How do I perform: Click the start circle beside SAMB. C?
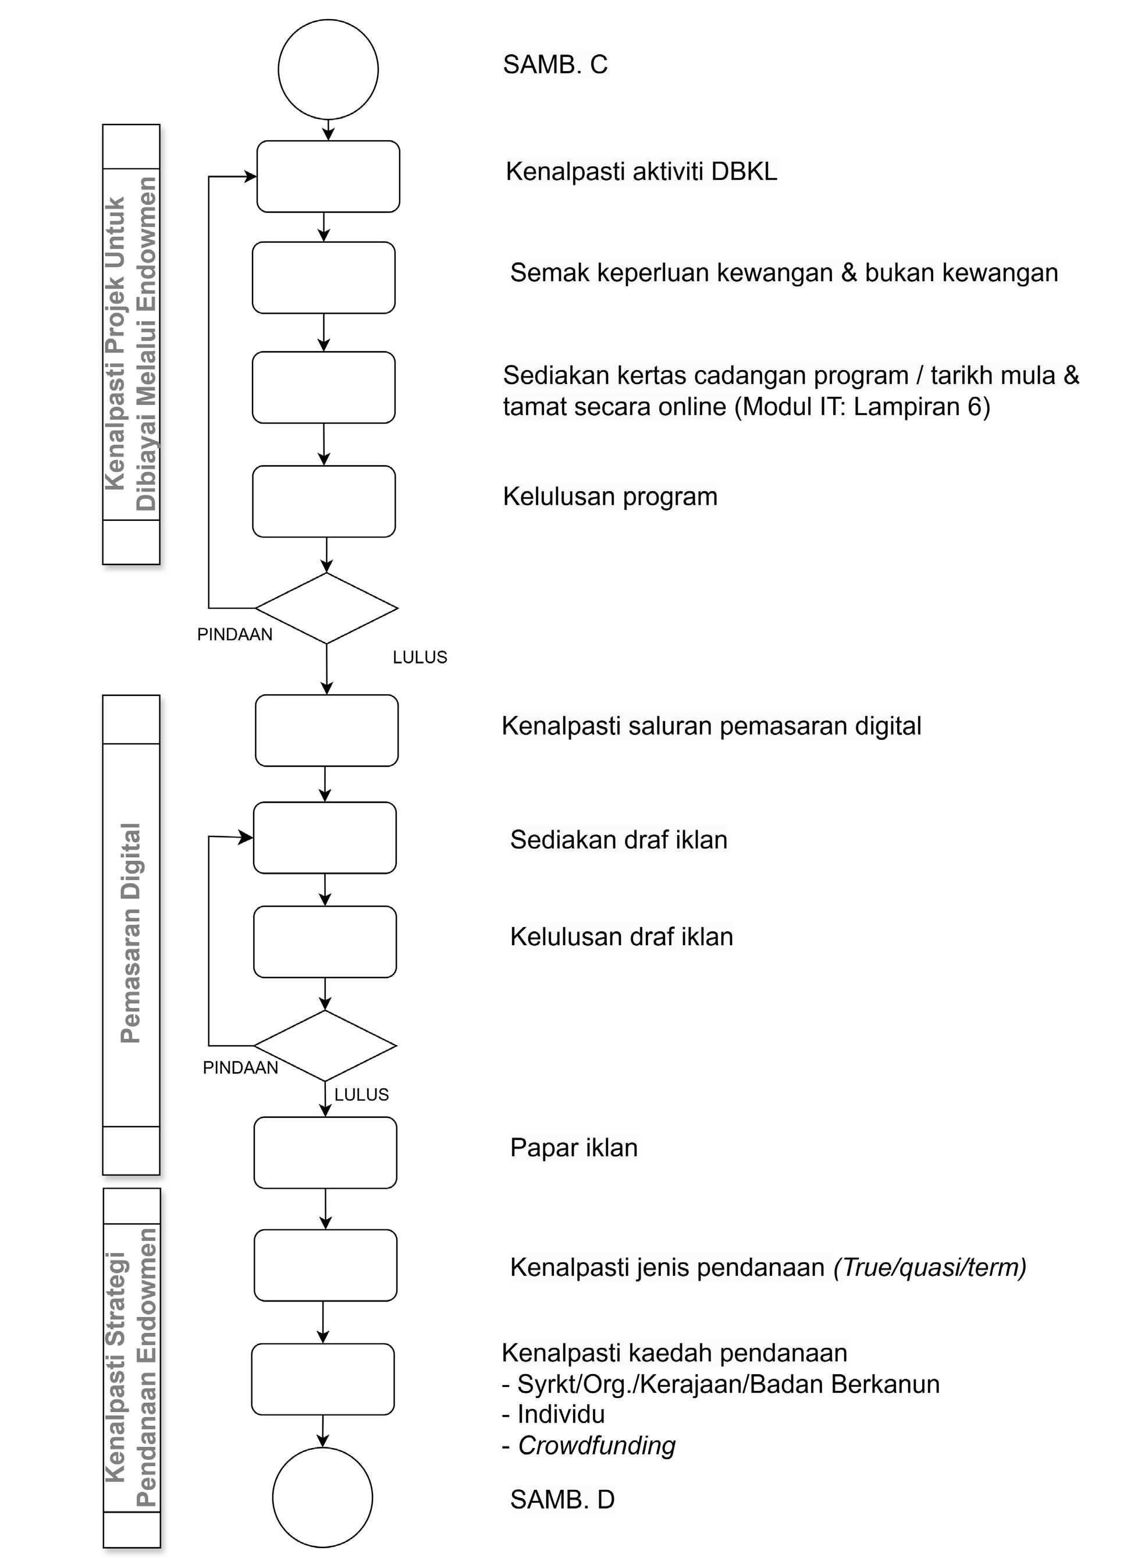(x=328, y=69)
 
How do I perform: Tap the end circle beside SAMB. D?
(x=322, y=1497)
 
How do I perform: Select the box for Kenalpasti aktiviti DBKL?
(x=328, y=176)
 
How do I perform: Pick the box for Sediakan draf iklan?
(x=325, y=837)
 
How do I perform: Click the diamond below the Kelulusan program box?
(x=327, y=608)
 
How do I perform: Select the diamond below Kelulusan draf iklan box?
(x=325, y=1045)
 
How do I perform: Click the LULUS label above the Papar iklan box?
(x=361, y=1094)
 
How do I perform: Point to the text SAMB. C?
(x=555, y=65)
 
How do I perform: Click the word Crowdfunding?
(x=596, y=1445)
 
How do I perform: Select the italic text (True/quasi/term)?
(x=930, y=1268)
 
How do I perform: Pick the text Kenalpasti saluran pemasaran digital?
(x=712, y=726)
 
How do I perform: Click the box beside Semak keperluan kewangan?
(x=323, y=278)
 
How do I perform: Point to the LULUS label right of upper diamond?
(x=419, y=658)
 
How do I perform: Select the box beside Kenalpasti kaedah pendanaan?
(x=323, y=1379)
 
